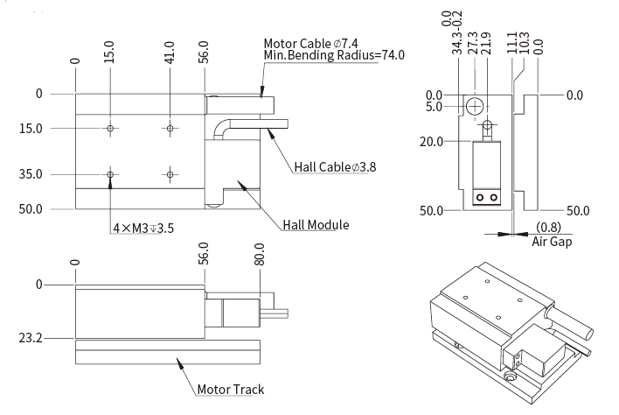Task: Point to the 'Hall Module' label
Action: point(316,225)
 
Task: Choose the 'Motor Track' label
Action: point(230,389)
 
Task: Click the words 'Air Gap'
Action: point(552,242)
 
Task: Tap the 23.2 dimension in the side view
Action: point(30,337)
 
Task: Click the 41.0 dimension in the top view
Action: point(170,53)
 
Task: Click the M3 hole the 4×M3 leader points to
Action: point(110,174)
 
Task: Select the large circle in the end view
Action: point(474,107)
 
